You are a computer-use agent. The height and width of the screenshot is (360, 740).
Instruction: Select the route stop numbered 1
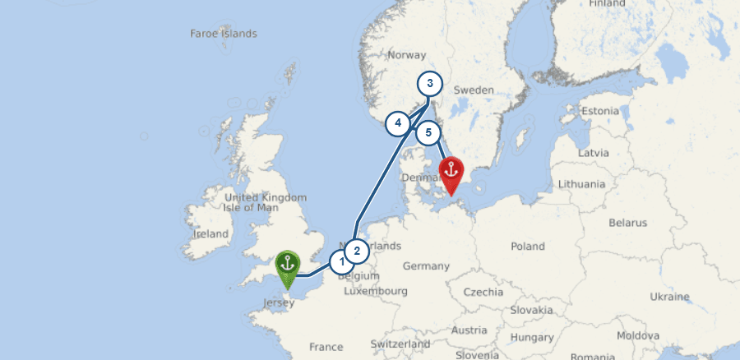[341, 262]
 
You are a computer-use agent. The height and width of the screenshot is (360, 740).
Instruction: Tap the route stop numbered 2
[356, 250]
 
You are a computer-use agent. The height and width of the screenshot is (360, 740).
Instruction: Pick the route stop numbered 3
[429, 84]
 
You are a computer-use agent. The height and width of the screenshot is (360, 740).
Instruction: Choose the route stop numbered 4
[398, 123]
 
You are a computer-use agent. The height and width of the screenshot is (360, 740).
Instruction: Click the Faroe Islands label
[224, 34]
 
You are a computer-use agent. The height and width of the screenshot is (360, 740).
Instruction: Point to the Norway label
[406, 56]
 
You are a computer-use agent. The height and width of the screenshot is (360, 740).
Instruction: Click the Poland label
[527, 246]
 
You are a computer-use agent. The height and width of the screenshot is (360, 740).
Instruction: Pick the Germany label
[426, 266]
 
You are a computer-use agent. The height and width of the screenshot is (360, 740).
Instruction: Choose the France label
[326, 347]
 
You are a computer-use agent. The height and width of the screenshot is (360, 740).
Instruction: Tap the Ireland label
[210, 233]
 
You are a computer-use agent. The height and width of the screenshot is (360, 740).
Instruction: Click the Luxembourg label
[377, 291]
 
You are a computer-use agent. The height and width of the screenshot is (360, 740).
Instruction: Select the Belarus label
[628, 223]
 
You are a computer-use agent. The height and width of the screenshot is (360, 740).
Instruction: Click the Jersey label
[278, 303]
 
